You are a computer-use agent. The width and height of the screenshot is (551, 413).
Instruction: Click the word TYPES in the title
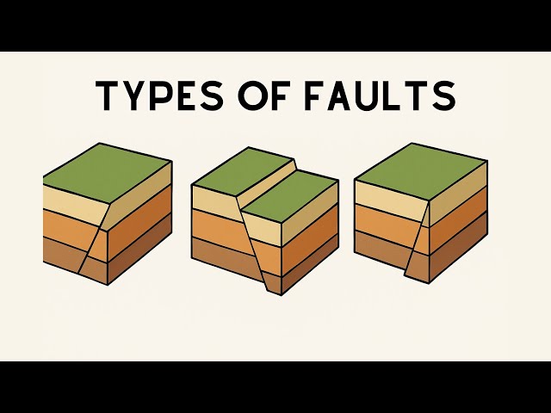[x=160, y=96]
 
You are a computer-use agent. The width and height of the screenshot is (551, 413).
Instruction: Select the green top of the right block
[x=421, y=171]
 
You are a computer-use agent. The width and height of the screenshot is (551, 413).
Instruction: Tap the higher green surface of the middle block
[x=243, y=170]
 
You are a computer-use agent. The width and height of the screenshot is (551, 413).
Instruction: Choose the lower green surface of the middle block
[x=291, y=196]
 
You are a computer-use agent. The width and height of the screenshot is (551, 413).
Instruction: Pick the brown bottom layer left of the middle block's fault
[x=225, y=255]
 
